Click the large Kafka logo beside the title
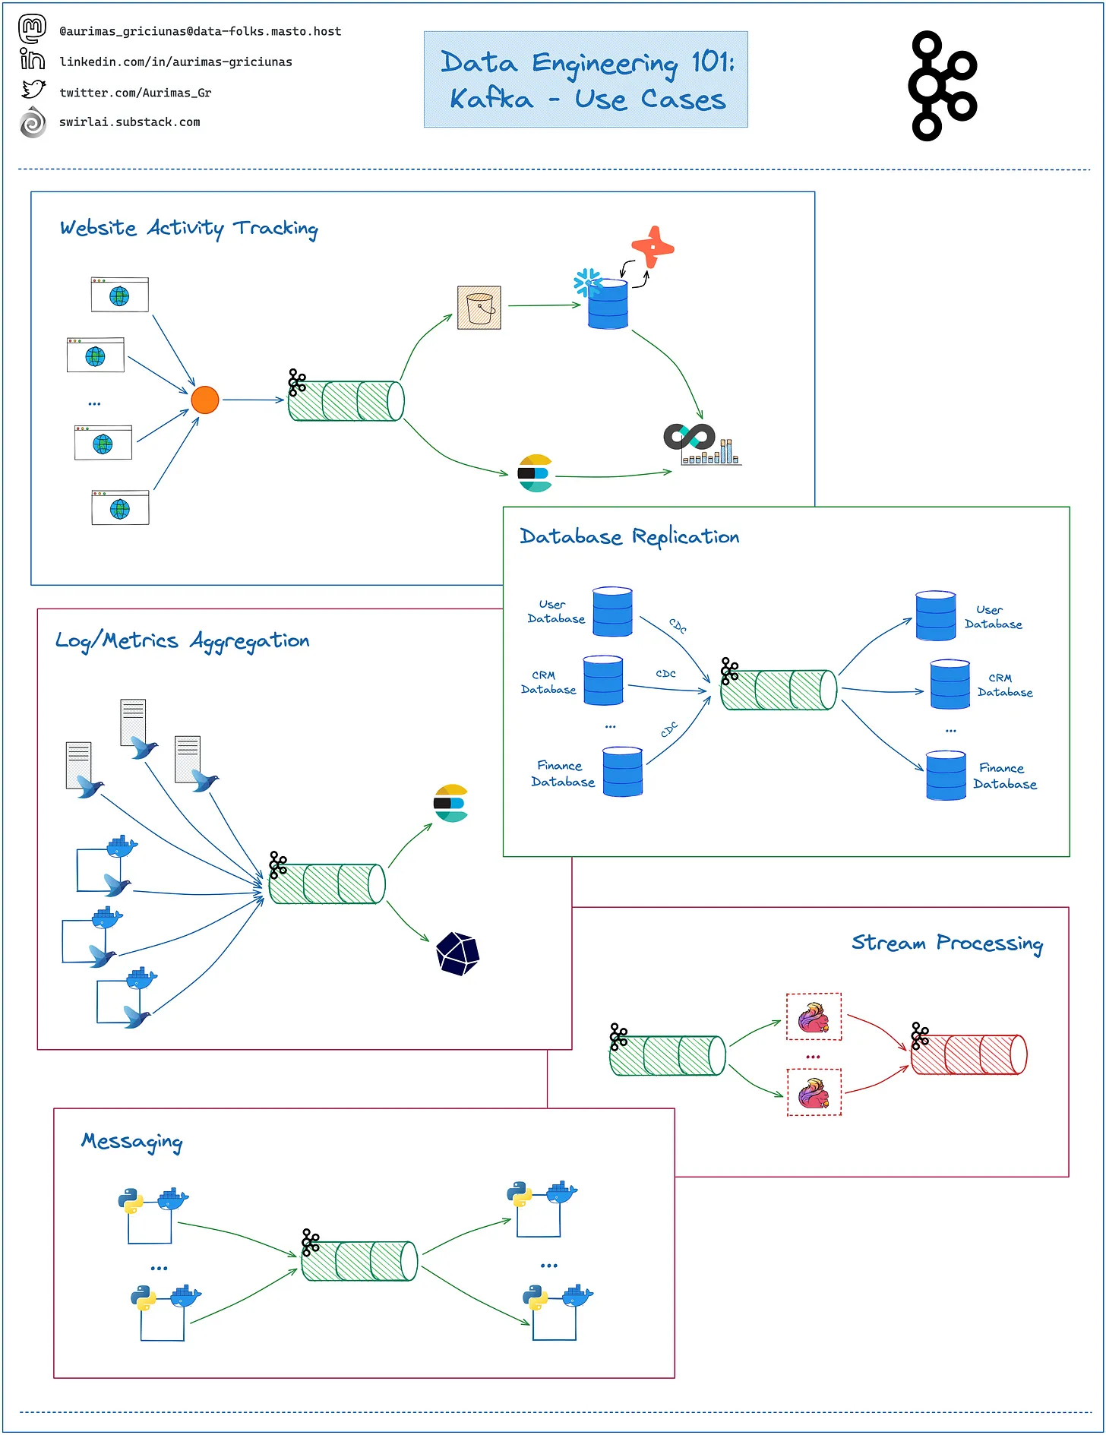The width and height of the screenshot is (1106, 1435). [x=943, y=86]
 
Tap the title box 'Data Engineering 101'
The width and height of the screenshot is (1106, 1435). [x=585, y=80]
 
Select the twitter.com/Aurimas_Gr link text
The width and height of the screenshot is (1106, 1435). [x=135, y=93]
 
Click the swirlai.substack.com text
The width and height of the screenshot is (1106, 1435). [x=129, y=122]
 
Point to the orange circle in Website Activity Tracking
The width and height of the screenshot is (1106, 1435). [x=205, y=400]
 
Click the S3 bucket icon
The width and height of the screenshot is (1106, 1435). [x=479, y=308]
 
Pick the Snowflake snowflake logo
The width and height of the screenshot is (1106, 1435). [x=587, y=283]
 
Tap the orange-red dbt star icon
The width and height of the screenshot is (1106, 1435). [x=652, y=247]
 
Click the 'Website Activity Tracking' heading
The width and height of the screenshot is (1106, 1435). [x=188, y=228]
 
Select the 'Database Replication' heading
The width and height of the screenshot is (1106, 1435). [x=629, y=536]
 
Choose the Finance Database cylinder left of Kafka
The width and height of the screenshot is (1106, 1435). [x=623, y=772]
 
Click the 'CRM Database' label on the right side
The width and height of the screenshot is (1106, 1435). [x=1004, y=685]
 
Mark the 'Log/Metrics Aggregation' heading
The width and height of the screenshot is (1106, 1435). [x=182, y=641]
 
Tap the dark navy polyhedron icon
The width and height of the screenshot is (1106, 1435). [x=457, y=953]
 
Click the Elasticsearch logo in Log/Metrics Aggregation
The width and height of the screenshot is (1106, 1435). [x=451, y=803]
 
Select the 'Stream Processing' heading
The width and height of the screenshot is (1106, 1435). [x=946, y=943]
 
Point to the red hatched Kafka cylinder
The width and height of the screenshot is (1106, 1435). [x=969, y=1054]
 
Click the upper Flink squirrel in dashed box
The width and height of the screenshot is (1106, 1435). [x=814, y=1017]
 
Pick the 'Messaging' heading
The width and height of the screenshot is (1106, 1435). [x=132, y=1142]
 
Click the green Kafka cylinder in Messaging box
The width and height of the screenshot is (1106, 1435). [x=359, y=1261]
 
